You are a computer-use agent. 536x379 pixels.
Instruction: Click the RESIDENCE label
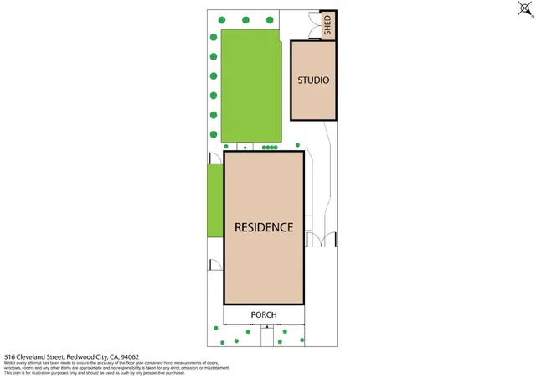click(x=263, y=227)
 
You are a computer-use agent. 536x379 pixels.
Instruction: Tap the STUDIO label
click(x=313, y=80)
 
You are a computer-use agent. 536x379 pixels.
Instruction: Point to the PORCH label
click(x=263, y=315)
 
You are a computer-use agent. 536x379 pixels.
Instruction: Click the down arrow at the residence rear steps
click(x=245, y=148)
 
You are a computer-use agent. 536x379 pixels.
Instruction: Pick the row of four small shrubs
click(x=270, y=147)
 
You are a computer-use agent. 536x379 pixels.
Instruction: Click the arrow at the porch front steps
click(x=263, y=330)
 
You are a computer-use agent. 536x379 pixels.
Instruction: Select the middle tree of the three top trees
click(x=245, y=19)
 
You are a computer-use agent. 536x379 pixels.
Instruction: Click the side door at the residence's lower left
click(x=215, y=265)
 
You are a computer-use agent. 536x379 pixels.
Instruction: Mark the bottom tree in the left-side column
click(x=214, y=132)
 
